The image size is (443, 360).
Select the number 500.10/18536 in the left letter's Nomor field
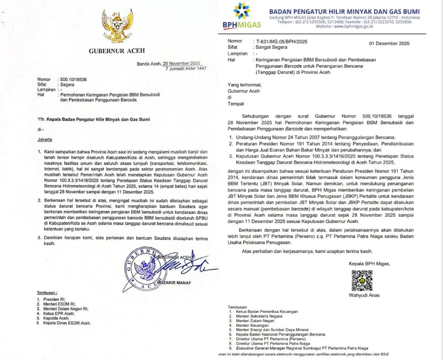[x=73, y=77]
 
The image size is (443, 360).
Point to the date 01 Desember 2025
[x=389, y=43]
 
